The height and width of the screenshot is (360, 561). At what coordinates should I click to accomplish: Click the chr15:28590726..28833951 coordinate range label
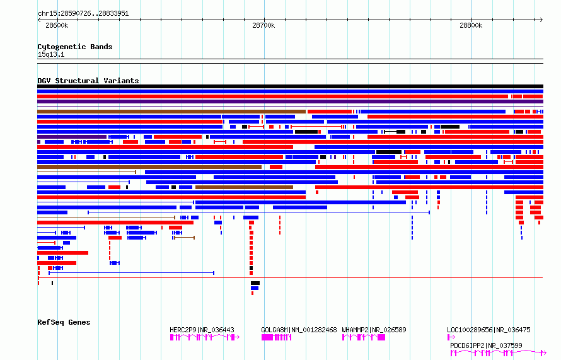[83, 13]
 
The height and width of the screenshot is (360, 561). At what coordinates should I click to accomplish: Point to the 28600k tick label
[57, 25]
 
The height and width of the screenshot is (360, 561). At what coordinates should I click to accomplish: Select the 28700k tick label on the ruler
[263, 25]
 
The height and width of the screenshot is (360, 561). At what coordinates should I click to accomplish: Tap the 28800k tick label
[471, 25]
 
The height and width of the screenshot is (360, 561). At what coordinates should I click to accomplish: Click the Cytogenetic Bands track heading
[74, 47]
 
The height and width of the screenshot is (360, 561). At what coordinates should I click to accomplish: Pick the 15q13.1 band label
[51, 54]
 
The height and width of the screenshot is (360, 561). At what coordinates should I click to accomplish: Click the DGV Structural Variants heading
[88, 81]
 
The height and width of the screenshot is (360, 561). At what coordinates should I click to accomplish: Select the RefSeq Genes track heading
[64, 322]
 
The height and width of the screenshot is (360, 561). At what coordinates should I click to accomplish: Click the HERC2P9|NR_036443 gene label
[202, 330]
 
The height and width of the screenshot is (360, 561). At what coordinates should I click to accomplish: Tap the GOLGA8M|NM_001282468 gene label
[299, 330]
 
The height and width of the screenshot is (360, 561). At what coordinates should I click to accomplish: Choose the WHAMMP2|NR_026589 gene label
[374, 330]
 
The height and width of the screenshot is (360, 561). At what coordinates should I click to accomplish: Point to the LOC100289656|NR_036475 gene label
[489, 330]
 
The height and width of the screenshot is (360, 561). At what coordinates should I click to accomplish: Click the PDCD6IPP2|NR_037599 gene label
[486, 345]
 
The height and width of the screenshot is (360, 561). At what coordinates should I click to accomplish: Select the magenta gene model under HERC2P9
[204, 337]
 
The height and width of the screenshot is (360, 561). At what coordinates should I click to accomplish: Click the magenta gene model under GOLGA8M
[276, 337]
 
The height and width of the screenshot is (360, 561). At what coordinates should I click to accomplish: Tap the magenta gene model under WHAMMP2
[363, 337]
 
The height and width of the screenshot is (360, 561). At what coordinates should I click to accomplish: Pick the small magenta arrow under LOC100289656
[451, 337]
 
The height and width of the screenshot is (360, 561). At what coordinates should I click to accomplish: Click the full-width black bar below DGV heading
[290, 86]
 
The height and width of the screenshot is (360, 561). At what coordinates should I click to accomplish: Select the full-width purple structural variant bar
[290, 102]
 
